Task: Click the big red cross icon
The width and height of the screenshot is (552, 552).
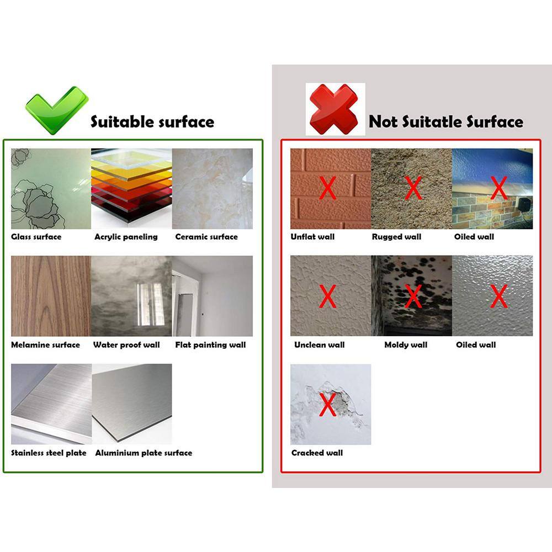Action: coord(334,109)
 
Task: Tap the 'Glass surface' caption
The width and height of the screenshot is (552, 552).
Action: coord(36,237)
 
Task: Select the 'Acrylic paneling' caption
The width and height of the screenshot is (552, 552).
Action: coord(126,237)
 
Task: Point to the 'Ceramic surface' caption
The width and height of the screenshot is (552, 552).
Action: coord(206,237)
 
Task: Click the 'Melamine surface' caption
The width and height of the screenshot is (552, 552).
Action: coord(45,345)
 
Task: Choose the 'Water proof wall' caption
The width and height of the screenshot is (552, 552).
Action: coord(126,345)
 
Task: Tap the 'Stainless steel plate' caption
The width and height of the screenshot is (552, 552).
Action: coord(49,453)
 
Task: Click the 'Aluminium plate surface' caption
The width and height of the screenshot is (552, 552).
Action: coord(144,453)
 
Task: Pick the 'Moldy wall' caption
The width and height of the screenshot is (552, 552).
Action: coord(406,345)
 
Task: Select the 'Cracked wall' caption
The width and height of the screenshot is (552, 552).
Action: coord(317,453)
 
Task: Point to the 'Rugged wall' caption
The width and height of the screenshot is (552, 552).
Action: coord(397,237)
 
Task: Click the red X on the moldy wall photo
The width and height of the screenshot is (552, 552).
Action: coord(413,296)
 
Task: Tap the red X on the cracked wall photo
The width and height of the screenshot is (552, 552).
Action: coord(328,405)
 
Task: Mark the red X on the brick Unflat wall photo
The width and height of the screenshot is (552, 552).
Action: coord(328,188)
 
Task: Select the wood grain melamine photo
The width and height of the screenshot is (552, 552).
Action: coord(51,296)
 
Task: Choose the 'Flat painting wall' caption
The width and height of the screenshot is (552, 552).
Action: coord(210,345)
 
